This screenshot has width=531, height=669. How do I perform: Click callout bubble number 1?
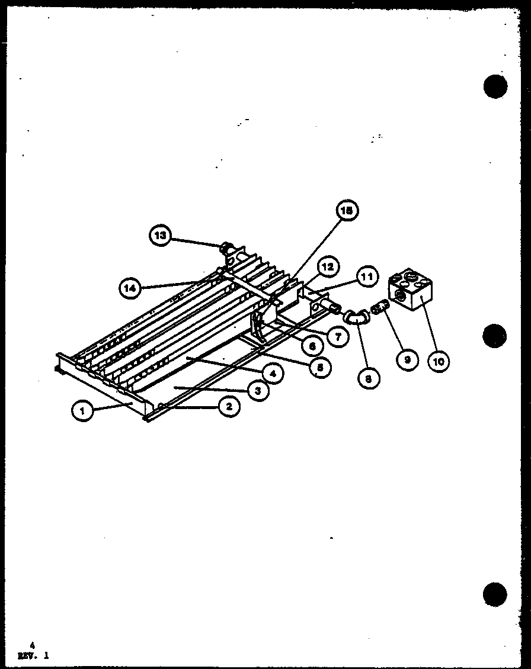84,410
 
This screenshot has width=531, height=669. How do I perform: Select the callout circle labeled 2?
229,406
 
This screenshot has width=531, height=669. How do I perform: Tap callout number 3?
257,390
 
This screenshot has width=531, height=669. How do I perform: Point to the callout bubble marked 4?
272,374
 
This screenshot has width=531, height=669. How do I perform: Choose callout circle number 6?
311,345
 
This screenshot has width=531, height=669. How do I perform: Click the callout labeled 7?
337,336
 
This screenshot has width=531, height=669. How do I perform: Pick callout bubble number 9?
407,359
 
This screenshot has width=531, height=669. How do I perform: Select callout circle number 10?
439,361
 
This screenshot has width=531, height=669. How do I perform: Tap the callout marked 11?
367,276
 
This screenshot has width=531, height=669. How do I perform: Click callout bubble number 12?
328,267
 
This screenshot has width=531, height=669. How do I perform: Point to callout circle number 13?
159,236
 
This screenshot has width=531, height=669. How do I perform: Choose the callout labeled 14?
130,288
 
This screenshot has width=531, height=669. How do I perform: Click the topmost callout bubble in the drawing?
348,210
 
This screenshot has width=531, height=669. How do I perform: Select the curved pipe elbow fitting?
357,318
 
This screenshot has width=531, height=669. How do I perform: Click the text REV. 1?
34,655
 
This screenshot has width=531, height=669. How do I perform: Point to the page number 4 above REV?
33,646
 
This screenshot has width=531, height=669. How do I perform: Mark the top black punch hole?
495,86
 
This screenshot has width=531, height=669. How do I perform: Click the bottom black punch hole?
494,594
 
